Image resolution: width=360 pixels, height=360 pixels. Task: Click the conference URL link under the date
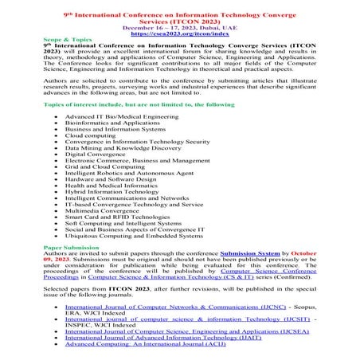tap(179, 34)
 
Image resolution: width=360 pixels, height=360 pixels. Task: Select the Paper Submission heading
tap(42, 248)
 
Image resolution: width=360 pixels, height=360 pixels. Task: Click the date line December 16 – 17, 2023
tap(179, 27)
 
